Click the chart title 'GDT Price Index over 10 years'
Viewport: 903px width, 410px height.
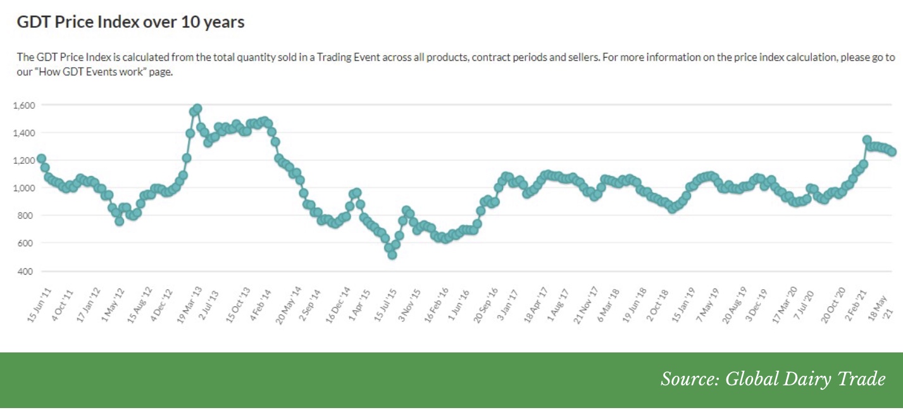tap(130, 23)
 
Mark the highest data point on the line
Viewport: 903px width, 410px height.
tap(197, 109)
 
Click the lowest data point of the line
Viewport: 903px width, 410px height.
tap(392, 254)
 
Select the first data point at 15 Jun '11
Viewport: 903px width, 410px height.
tap(41, 158)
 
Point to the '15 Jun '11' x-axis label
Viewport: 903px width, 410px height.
tap(39, 306)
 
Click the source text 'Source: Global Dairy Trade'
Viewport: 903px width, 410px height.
tap(773, 379)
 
